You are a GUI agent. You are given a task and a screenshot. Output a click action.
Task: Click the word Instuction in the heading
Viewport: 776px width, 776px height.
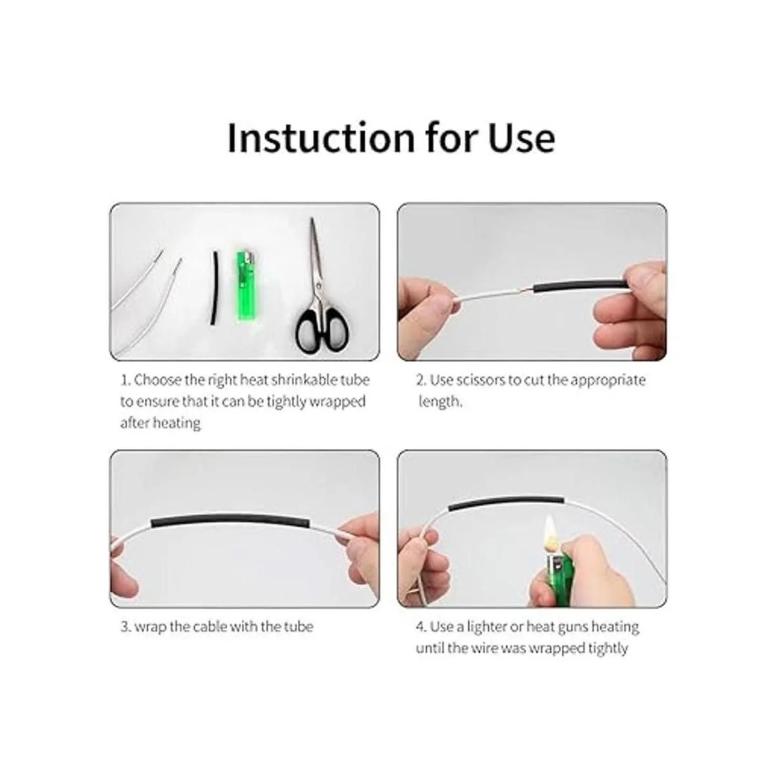(321, 138)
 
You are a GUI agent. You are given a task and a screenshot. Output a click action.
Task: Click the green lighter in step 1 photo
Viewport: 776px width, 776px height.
(243, 286)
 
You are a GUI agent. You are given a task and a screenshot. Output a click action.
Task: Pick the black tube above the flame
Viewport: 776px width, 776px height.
(506, 502)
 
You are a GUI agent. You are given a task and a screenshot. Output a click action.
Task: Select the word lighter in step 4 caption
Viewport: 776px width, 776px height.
(486, 627)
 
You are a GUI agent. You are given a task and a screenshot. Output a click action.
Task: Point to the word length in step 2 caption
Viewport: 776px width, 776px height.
(440, 402)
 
